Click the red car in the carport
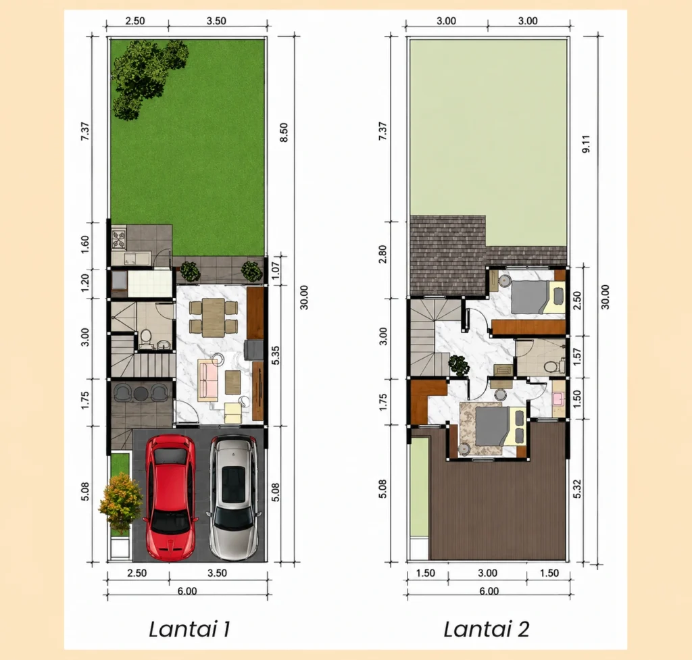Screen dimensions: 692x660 [170, 497]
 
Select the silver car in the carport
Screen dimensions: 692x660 [233, 497]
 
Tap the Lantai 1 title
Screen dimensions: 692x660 [189, 629]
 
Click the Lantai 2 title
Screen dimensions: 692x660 [487, 629]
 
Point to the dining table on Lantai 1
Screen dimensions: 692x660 [214, 318]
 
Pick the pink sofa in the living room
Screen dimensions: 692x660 [208, 380]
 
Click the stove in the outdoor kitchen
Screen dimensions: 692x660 [119, 238]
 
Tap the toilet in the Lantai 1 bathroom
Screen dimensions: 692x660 [146, 338]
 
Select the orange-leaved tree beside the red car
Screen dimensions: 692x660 [120, 502]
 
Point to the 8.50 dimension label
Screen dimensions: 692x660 [284, 132]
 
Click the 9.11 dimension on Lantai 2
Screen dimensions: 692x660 [586, 144]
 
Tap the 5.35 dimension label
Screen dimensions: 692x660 [276, 355]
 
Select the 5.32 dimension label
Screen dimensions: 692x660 [577, 489]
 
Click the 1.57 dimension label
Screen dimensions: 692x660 [576, 357]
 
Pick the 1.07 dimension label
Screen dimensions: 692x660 [276, 270]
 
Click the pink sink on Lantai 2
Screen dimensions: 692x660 [558, 399]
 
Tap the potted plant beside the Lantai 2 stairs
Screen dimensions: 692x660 [459, 365]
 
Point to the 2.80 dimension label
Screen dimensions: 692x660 [382, 254]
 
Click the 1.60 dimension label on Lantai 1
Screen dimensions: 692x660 [84, 245]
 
